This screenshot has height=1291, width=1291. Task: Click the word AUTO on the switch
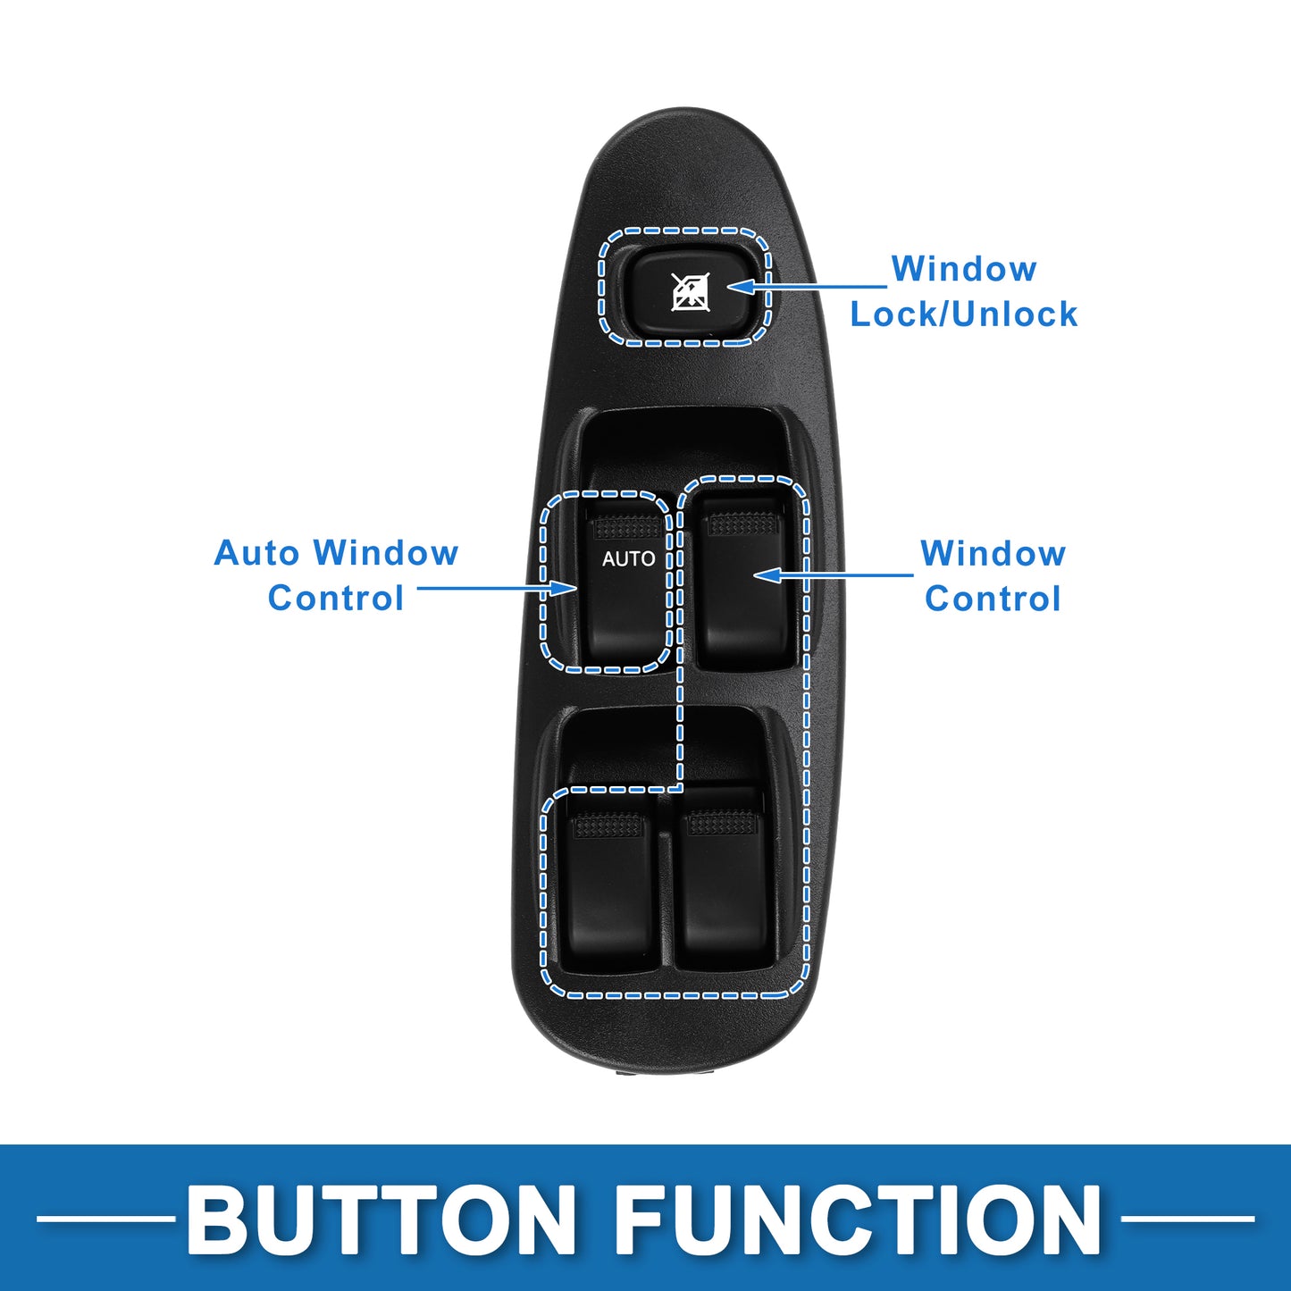coord(628,558)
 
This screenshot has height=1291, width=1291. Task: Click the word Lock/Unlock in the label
coord(963,314)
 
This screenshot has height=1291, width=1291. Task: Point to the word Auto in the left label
coord(256,553)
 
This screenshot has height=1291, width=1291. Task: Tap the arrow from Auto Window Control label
coord(497,588)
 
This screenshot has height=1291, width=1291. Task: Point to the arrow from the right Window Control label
coord(834,574)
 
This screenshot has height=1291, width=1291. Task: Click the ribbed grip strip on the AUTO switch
coord(628,527)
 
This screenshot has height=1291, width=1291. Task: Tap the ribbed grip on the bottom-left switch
coord(608,826)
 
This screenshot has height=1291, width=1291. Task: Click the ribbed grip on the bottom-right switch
coord(722,823)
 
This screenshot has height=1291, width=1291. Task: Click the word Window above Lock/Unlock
coord(964,269)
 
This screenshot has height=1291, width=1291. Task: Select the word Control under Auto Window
coord(336,599)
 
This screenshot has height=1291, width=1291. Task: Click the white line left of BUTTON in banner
coord(105,1219)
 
